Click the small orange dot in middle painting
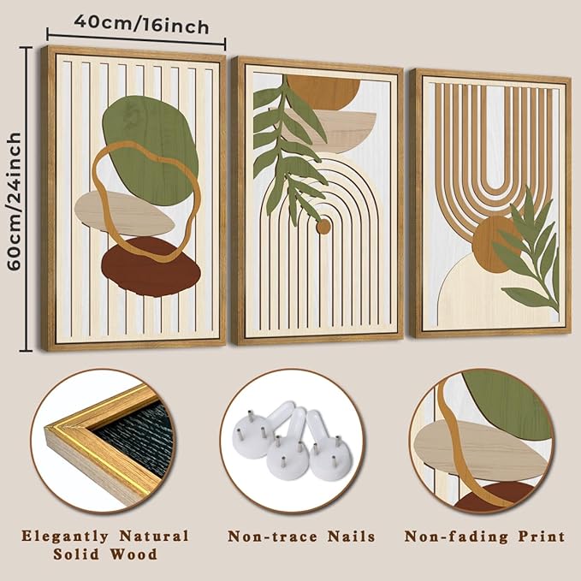pos(323,226)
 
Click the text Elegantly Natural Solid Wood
pos(106,544)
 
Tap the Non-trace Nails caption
pos(301,537)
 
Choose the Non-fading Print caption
pos(484,537)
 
